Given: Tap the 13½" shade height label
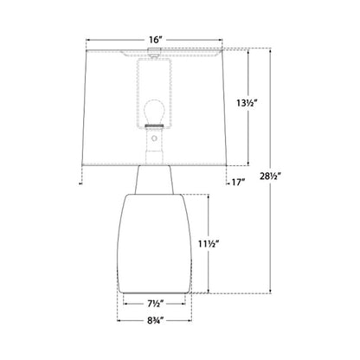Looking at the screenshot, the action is [x=246, y=102].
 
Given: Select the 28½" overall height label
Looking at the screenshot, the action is [x=270, y=176].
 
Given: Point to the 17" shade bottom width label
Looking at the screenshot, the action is [x=239, y=183].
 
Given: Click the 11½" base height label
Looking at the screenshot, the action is [x=208, y=244].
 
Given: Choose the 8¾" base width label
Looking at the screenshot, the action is [x=156, y=320].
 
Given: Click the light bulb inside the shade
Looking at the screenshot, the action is [x=154, y=112].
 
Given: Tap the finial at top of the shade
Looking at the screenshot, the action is [x=154, y=51].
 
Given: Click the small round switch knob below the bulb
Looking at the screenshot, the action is [x=154, y=138].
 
